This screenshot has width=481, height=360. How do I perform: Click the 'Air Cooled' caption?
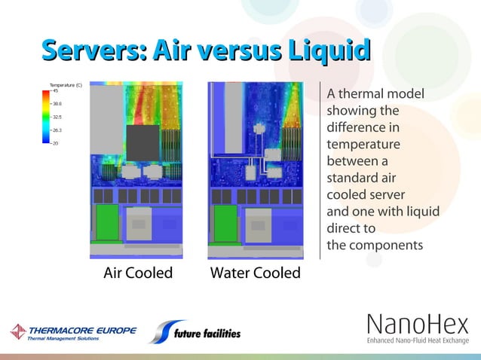(x=138, y=273)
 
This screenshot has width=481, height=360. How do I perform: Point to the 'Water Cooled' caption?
(x=255, y=273)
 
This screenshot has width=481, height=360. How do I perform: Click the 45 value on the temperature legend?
(x=56, y=91)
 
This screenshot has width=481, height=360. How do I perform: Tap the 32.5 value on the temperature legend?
(x=57, y=117)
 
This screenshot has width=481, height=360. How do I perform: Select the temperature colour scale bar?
(x=47, y=117)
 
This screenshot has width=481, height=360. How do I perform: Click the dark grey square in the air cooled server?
(x=142, y=143)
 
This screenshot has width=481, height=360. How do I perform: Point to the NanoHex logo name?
(x=418, y=325)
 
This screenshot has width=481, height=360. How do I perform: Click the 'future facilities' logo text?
(x=206, y=334)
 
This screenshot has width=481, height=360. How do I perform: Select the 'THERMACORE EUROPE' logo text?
(x=83, y=330)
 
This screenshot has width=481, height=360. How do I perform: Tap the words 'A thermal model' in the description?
(x=375, y=95)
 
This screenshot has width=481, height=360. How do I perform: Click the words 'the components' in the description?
(x=375, y=245)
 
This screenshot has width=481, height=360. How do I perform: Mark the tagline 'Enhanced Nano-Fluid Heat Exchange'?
(x=418, y=341)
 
